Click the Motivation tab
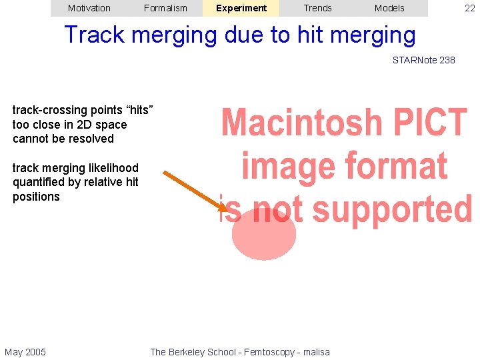(x=89, y=8)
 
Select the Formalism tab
(x=165, y=8)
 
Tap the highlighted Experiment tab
(x=241, y=8)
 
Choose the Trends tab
(x=317, y=8)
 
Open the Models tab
(x=389, y=8)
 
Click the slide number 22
(x=470, y=8)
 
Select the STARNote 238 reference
(x=423, y=60)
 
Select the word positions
(x=36, y=197)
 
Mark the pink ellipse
(x=264, y=235)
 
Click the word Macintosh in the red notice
(x=303, y=123)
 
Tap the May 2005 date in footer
(x=25, y=352)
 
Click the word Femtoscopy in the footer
(x=261, y=352)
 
